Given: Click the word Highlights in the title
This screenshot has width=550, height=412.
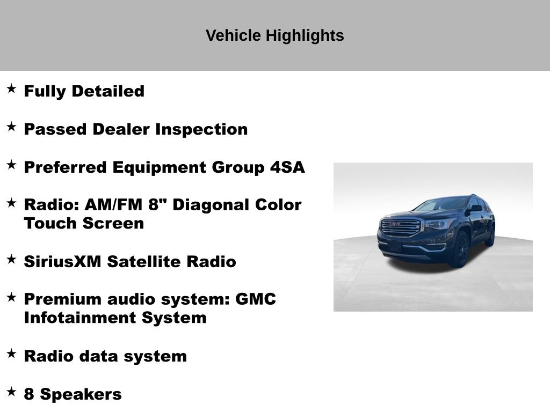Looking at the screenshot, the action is (x=305, y=36).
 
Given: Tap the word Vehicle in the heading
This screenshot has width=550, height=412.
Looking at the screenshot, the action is (x=233, y=35).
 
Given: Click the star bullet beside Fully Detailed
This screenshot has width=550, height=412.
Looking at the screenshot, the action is (x=11, y=89).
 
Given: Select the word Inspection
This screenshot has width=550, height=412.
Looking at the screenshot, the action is (x=202, y=130).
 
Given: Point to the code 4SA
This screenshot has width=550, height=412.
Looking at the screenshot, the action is (x=287, y=167).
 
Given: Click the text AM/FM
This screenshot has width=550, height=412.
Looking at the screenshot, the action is (x=113, y=205).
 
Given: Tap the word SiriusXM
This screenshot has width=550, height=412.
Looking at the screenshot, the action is (x=62, y=262).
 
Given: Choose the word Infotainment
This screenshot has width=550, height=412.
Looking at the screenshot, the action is (x=80, y=318).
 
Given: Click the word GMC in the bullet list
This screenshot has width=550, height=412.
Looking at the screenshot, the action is (x=255, y=299).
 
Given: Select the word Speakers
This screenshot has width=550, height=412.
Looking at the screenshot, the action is (x=81, y=394).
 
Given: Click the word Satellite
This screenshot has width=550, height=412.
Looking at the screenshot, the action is (x=144, y=262).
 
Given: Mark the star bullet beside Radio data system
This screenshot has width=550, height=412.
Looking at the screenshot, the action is (x=11, y=354).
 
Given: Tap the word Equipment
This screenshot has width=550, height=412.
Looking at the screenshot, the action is (x=159, y=168).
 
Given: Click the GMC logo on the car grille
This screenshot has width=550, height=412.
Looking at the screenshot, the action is (x=397, y=224).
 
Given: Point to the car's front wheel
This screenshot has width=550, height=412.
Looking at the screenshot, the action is (x=460, y=250).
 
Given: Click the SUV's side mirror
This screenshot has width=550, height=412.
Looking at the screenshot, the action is (x=475, y=208).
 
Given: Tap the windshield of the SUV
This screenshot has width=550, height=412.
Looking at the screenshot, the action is (x=442, y=204).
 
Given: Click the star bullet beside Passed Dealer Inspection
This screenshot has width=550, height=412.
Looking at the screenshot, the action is (x=11, y=127).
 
